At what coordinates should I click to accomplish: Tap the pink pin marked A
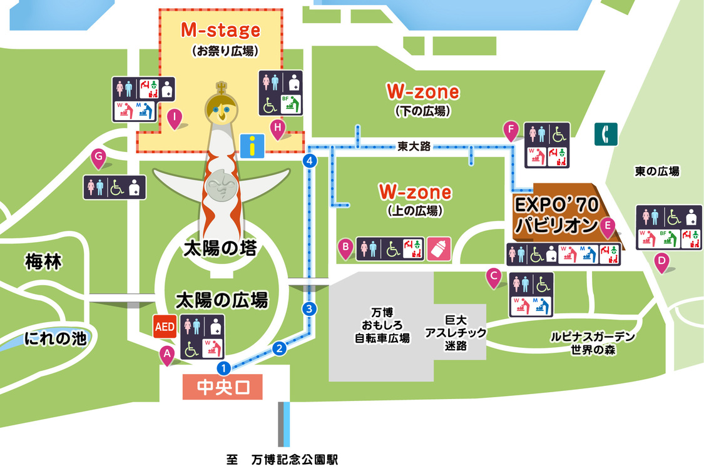[x=167, y=355]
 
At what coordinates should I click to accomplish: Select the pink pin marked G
[x=98, y=158]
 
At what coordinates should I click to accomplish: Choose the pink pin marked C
[x=494, y=276]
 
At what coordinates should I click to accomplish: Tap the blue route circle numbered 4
[x=309, y=161]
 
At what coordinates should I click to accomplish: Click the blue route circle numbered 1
[x=223, y=367]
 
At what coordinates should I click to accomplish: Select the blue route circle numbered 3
[x=309, y=308]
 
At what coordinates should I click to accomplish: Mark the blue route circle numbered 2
[x=280, y=348]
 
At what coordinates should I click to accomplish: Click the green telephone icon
[x=606, y=134]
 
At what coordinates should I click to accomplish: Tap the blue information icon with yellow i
[x=252, y=146]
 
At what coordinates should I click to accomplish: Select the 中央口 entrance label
[x=223, y=388]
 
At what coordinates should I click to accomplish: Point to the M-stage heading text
[x=220, y=29]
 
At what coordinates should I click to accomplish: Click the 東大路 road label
[x=414, y=146]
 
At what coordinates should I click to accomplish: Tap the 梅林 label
[x=43, y=261]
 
